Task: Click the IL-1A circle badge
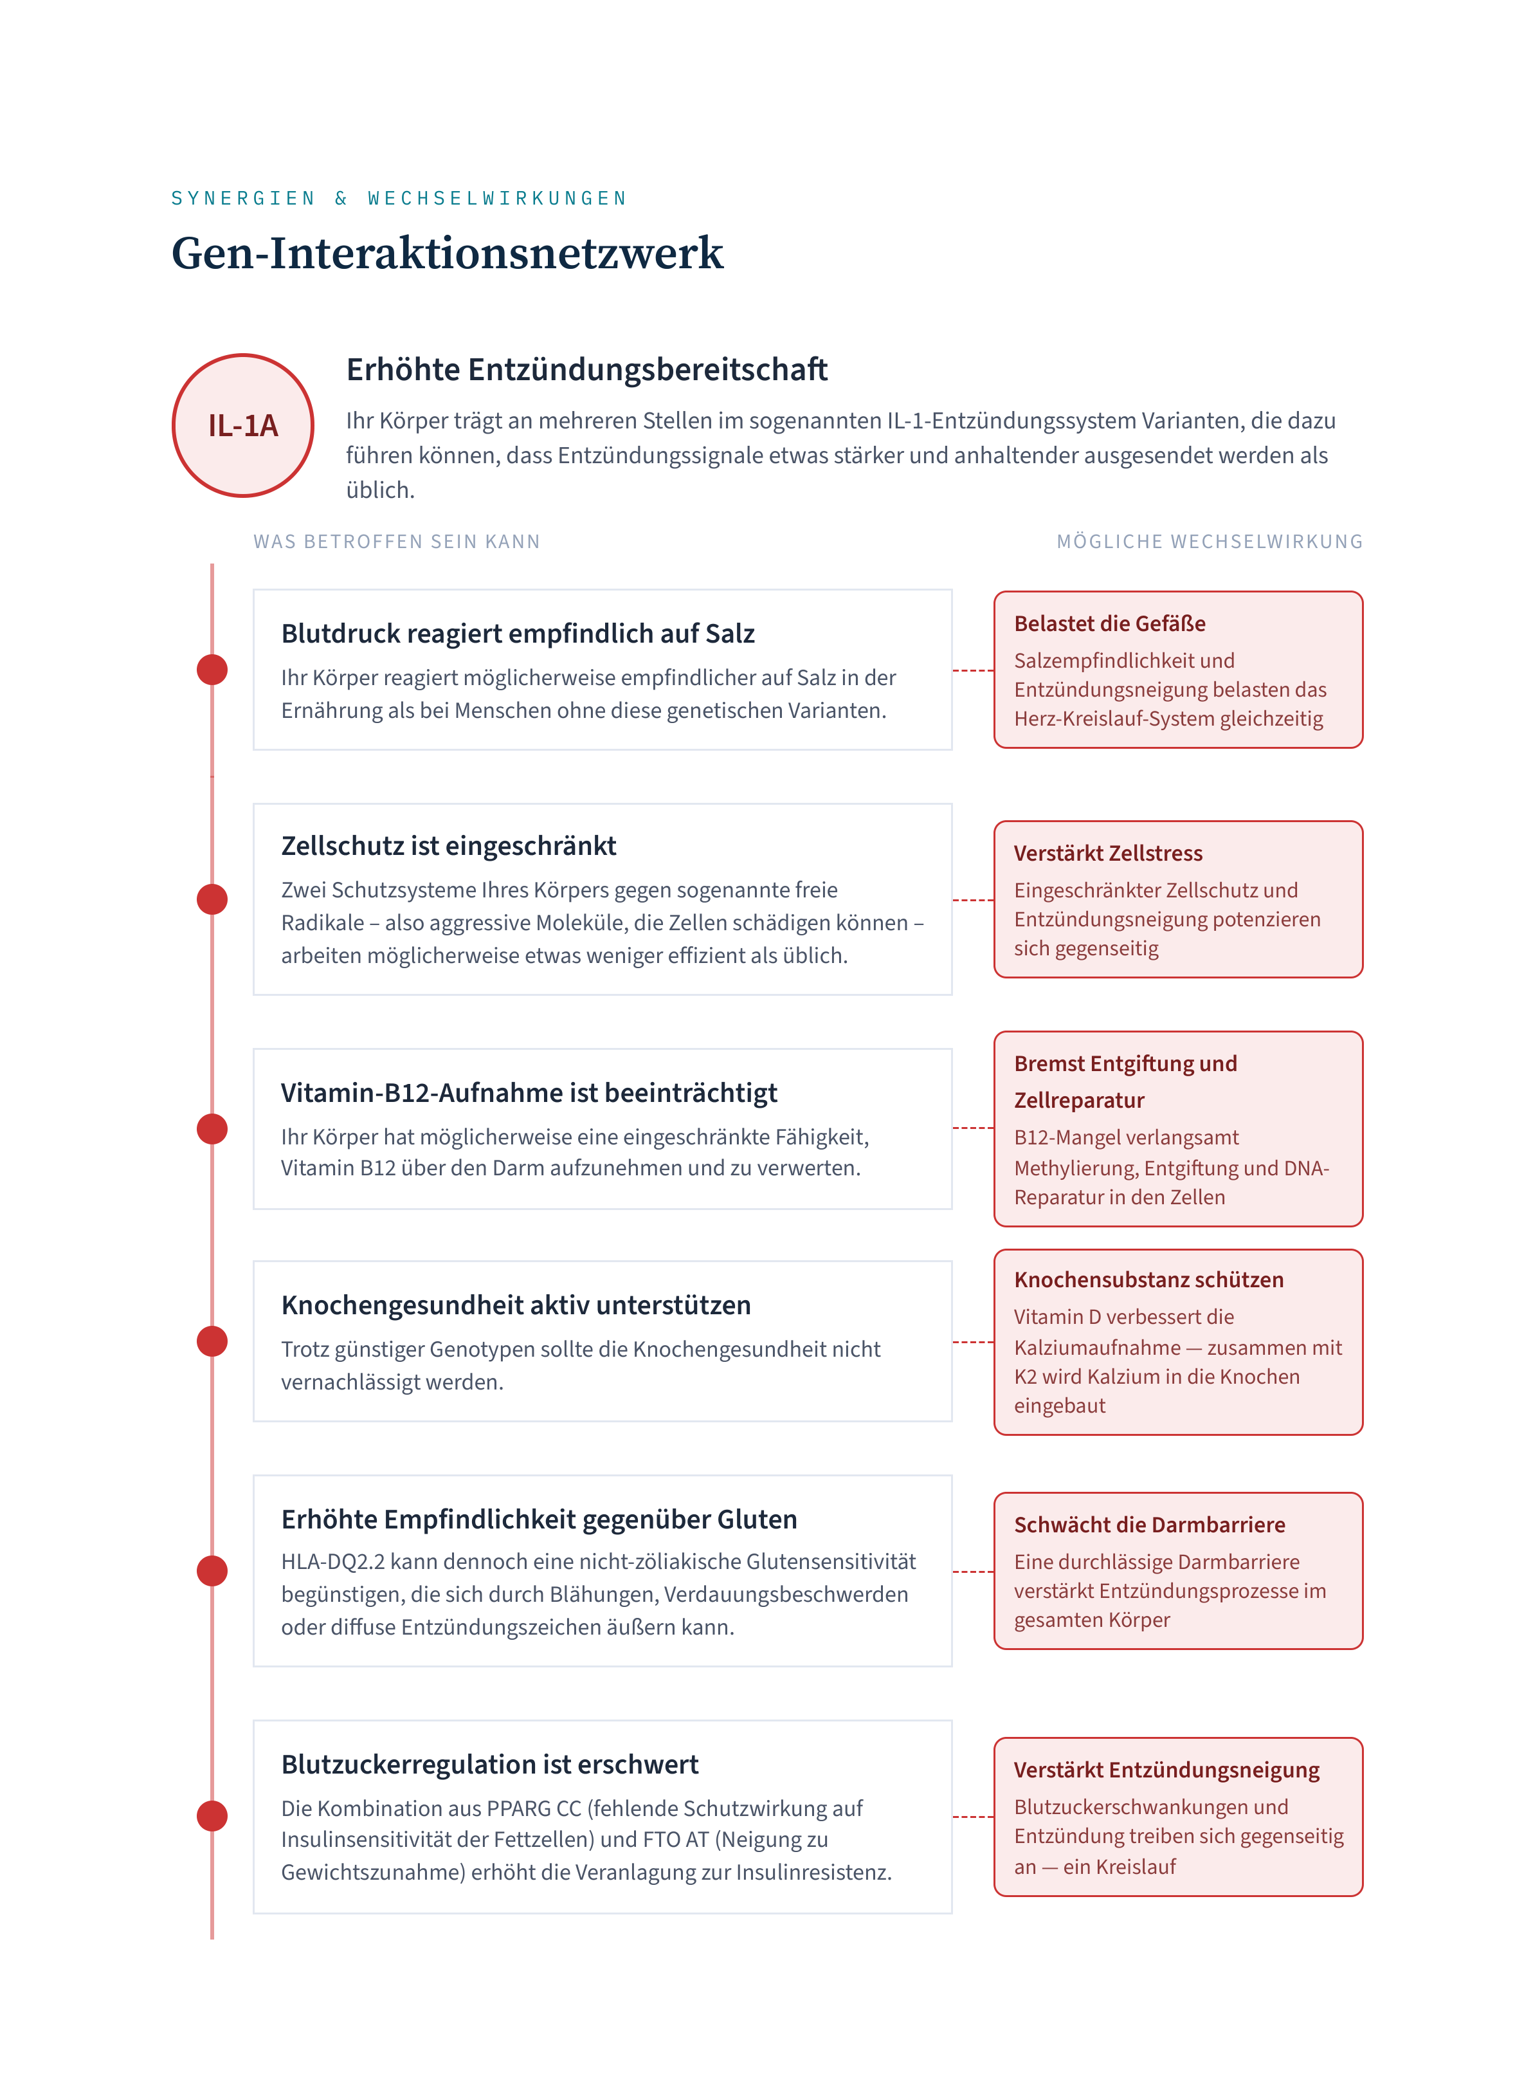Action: (x=243, y=425)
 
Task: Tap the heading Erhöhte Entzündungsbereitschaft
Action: (x=586, y=369)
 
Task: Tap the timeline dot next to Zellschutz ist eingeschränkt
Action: (x=212, y=899)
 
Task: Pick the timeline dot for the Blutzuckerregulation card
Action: (x=212, y=1815)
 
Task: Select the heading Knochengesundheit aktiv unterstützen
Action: (x=516, y=1305)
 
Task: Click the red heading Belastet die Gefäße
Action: (x=1110, y=624)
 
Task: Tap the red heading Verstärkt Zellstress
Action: (x=1108, y=853)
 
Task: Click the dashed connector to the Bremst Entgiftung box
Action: (x=974, y=1128)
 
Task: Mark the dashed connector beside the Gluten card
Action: (x=974, y=1572)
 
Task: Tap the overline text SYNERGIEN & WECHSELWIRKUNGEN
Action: (x=399, y=199)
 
